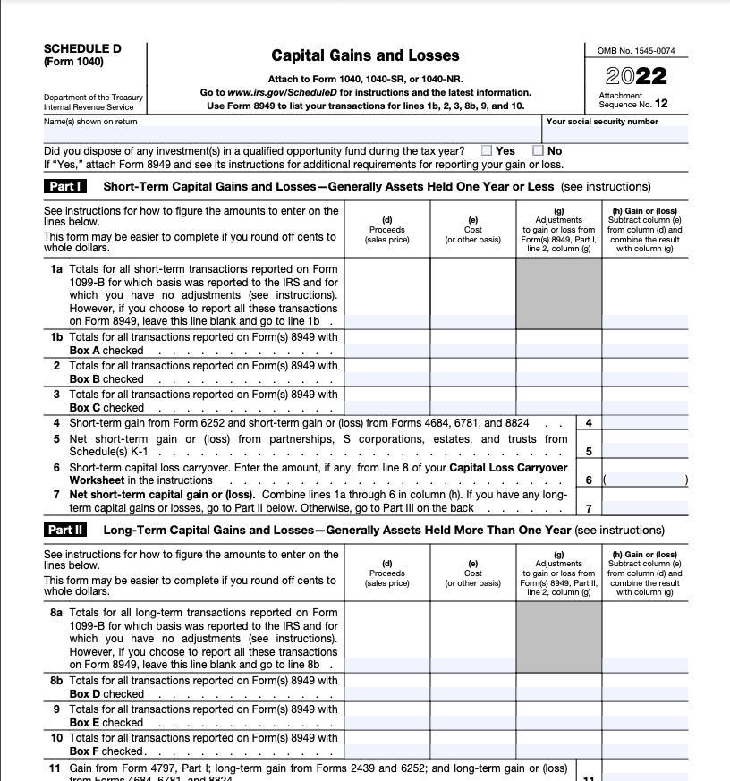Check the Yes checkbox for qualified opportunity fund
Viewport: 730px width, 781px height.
[x=487, y=151]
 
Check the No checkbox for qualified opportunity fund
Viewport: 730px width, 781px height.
[x=539, y=151]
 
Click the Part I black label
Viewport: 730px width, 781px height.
[x=65, y=187]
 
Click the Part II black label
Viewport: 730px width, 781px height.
[x=66, y=530]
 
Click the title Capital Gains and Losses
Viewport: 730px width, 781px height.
[x=365, y=55]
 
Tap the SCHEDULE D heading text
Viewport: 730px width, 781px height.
[x=82, y=48]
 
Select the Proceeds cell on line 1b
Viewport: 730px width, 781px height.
[x=386, y=344]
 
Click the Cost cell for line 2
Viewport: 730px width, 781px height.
[x=473, y=372]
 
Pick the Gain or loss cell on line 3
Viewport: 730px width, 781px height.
[x=644, y=401]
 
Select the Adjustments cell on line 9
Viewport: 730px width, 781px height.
[x=559, y=716]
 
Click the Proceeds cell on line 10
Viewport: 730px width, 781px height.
[x=386, y=744]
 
